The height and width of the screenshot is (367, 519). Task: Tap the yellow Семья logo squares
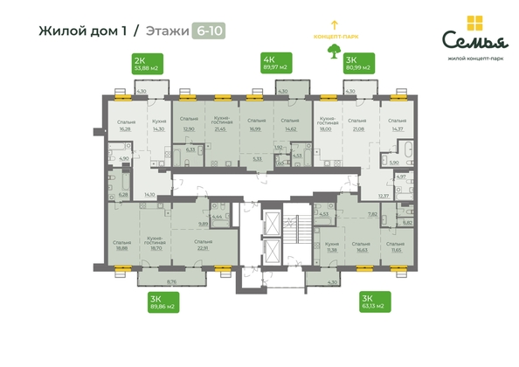[x=474, y=23]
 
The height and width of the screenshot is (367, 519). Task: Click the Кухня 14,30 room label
[x=158, y=125]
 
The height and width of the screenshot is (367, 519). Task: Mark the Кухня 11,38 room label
[x=331, y=246]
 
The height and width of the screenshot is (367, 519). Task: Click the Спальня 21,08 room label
[x=356, y=125]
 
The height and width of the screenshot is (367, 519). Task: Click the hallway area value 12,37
[x=383, y=197]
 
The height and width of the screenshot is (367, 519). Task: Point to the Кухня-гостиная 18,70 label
[x=158, y=246]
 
